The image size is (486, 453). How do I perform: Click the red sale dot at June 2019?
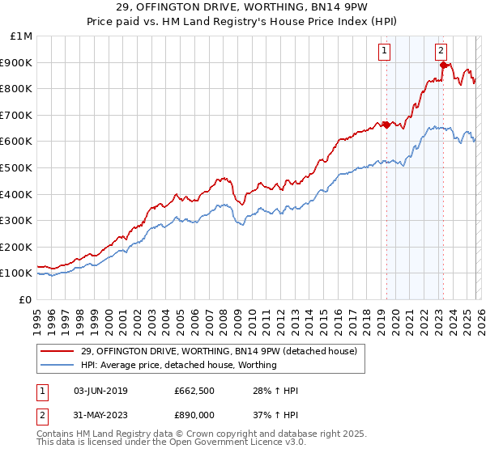(386, 125)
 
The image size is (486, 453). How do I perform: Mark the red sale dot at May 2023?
(443, 65)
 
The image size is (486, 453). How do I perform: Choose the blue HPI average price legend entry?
(178, 365)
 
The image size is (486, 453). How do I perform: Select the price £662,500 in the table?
(193, 392)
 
